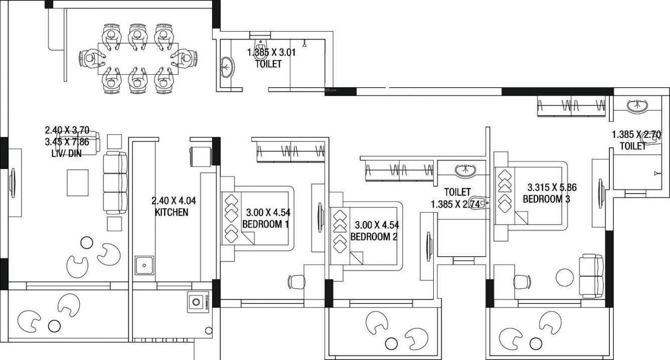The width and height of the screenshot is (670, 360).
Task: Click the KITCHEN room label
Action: click(172, 212)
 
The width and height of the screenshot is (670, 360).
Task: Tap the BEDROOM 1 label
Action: click(265, 224)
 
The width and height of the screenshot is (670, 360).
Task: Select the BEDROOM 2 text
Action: click(374, 237)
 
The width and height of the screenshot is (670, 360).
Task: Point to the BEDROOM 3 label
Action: click(546, 199)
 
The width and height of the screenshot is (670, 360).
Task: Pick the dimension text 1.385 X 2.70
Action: click(636, 134)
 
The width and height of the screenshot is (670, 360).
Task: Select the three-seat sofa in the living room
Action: click(115, 184)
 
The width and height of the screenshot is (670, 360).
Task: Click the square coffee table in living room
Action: click(78, 183)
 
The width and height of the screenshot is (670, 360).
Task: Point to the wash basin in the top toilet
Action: click(227, 67)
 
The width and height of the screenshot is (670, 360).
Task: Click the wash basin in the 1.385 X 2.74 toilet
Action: click(467, 171)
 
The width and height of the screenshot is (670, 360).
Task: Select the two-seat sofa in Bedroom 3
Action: click(591, 276)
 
